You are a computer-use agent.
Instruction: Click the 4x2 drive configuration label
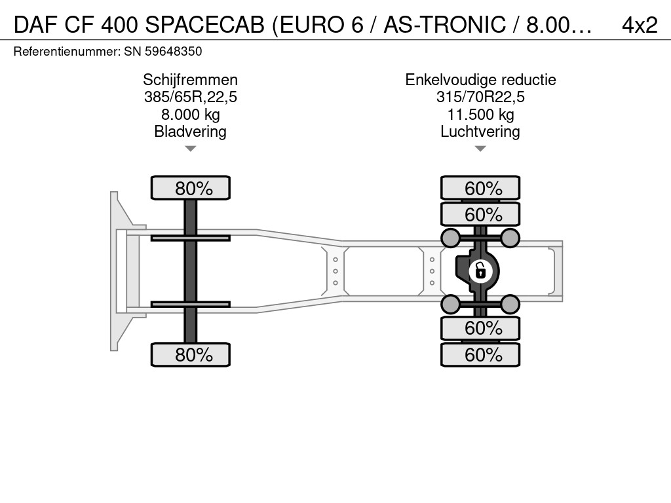(640, 25)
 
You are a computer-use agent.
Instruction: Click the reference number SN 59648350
(163, 52)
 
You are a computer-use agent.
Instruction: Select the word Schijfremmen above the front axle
(191, 80)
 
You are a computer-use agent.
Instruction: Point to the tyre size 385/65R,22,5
(191, 97)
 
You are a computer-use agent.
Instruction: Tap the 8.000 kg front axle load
(191, 115)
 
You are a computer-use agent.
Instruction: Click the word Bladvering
(191, 131)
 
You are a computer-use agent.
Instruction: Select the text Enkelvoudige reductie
(480, 80)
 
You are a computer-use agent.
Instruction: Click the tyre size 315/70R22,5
(480, 97)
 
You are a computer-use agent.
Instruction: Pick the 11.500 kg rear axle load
(480, 115)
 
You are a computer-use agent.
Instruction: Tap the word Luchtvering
(480, 131)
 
